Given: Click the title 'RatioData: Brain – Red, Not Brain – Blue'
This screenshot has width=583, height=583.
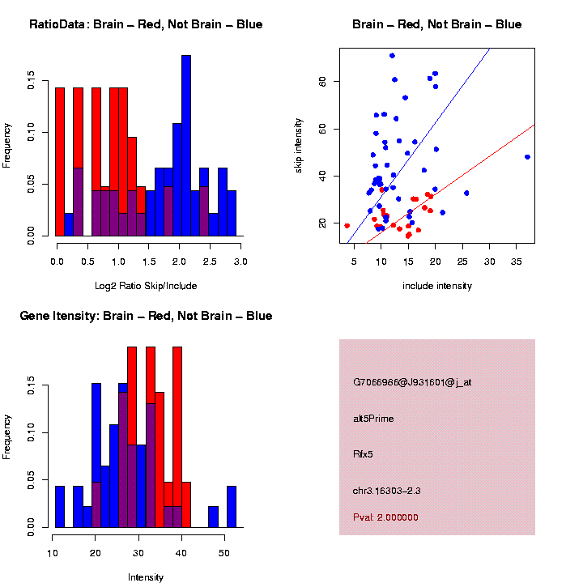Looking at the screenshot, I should [146, 24].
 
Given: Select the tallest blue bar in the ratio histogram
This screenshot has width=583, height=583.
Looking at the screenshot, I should [186, 146].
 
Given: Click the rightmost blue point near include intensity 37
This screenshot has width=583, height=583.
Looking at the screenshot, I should [527, 157].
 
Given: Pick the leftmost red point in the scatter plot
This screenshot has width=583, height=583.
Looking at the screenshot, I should [347, 226].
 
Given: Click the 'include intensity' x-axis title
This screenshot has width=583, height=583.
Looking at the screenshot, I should [436, 286].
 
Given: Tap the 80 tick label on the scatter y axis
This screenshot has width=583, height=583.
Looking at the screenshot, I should [321, 81].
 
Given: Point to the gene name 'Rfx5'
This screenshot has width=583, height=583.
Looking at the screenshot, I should [363, 454].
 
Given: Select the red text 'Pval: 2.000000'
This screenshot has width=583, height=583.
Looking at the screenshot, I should [385, 517].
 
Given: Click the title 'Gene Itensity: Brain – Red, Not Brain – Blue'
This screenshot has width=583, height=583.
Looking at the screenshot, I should [146, 316].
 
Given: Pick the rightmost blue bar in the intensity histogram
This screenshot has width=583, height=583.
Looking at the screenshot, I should [232, 507].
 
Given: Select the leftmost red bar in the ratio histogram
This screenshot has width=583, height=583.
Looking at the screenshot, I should [60, 162].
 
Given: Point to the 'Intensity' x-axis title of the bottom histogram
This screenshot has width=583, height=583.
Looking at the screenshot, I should [146, 577].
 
